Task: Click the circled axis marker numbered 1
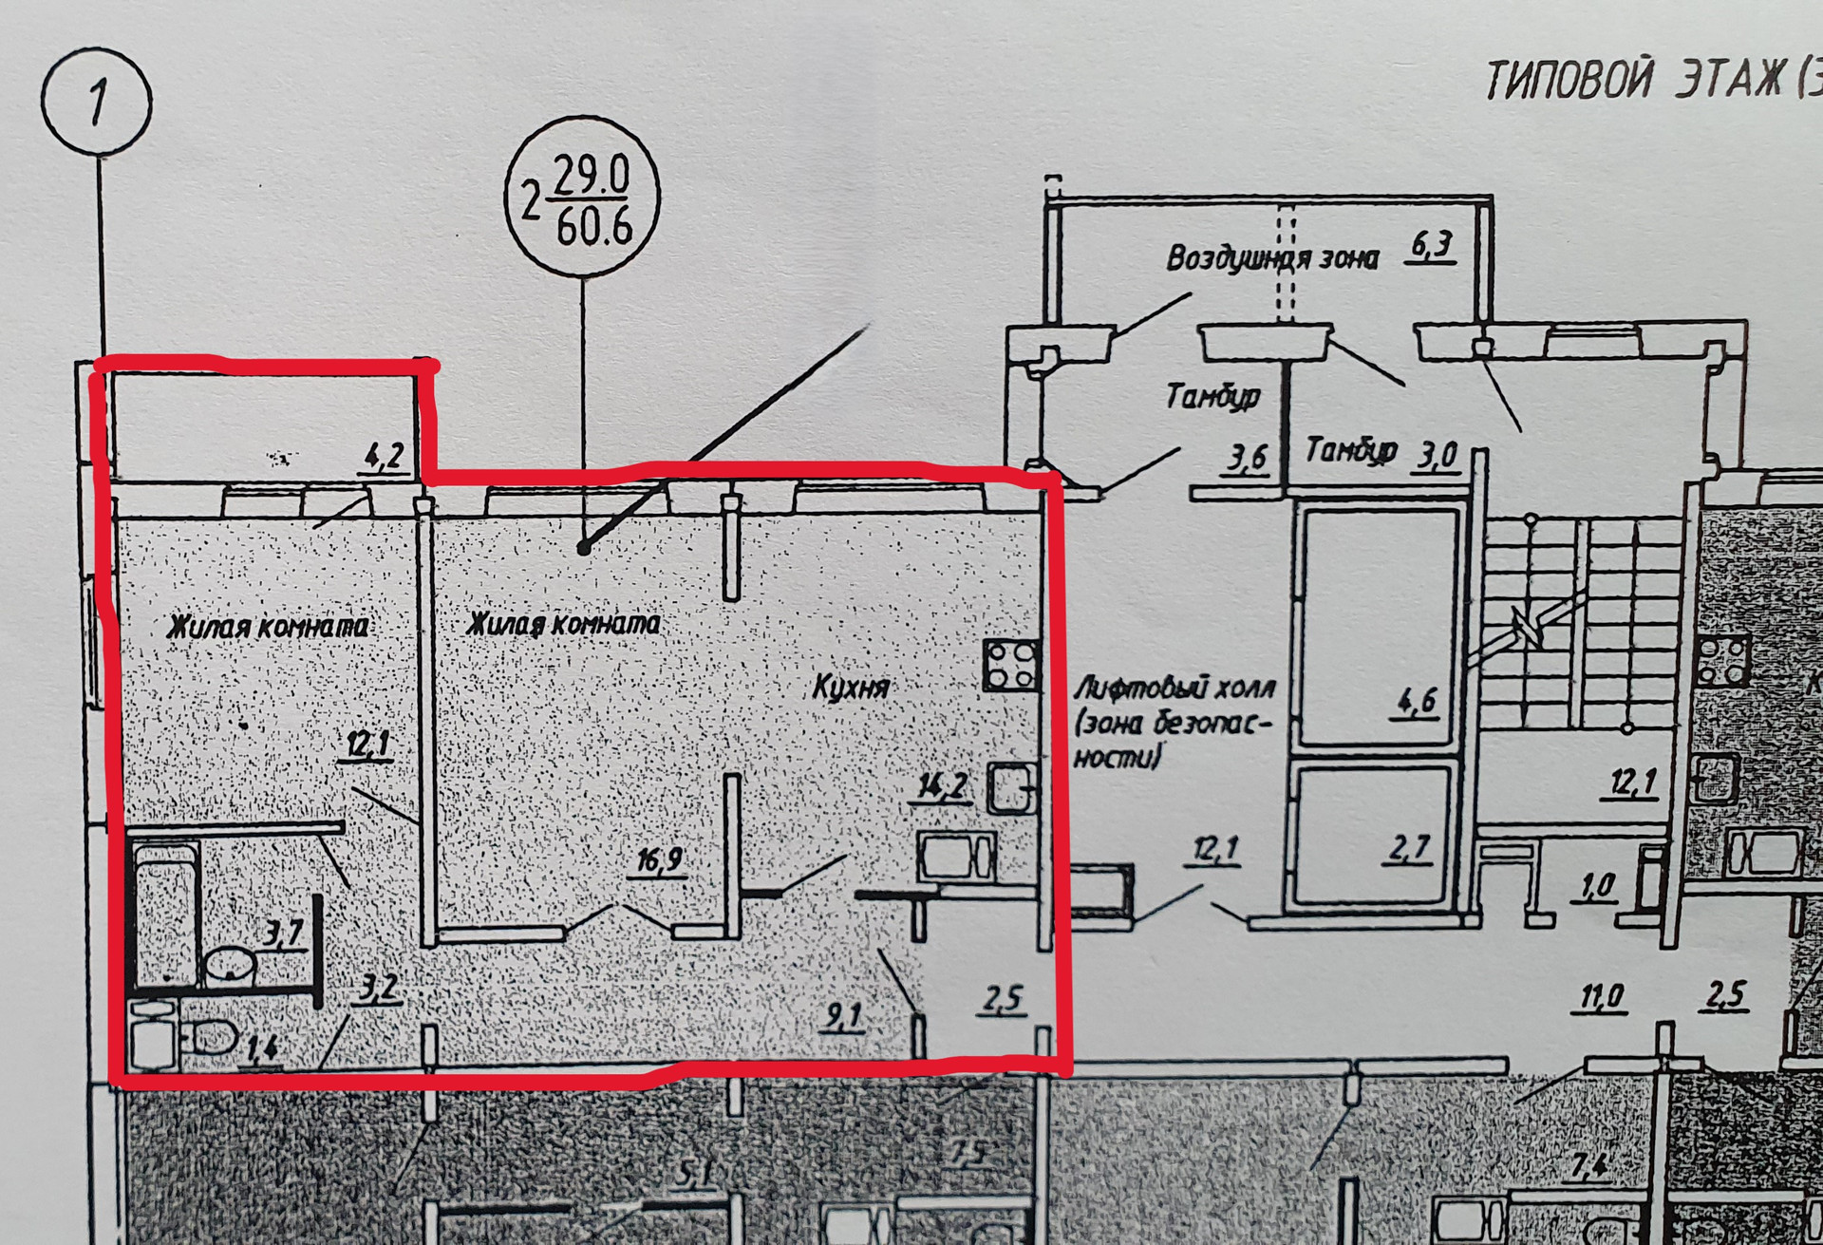97,101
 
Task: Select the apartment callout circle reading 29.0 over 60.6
582,198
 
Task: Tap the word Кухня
851,687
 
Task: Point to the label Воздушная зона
1271,258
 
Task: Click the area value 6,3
1432,246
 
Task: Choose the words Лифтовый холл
1175,688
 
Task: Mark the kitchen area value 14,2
942,786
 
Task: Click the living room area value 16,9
660,860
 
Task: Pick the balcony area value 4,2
384,458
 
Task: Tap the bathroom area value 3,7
283,933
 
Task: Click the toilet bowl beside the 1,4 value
211,1037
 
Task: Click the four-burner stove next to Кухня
1010,664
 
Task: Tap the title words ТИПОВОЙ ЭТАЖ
1633,80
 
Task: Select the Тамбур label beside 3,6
1212,395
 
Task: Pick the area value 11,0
1602,998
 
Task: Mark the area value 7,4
1589,1164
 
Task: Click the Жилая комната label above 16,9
564,624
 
